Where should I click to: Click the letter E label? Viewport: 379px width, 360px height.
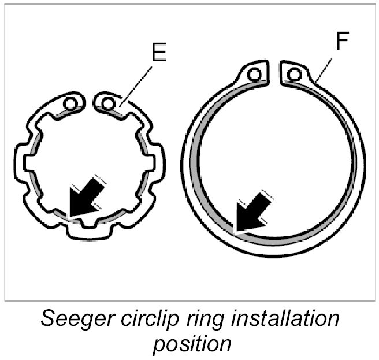(x=158, y=53)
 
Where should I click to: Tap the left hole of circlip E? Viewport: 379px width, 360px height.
(x=71, y=103)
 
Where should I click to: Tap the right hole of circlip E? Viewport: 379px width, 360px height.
(x=107, y=103)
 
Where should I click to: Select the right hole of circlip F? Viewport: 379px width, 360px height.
(x=295, y=73)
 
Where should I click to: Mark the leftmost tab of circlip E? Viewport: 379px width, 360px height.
(x=20, y=160)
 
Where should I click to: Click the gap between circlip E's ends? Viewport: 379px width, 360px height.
(x=89, y=101)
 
